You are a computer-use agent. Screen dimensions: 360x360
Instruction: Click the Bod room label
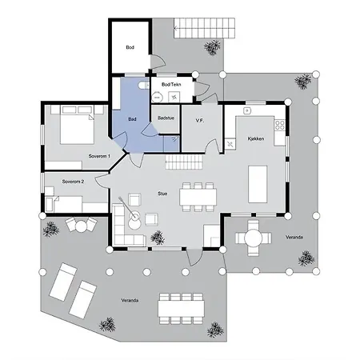[x=130, y=47]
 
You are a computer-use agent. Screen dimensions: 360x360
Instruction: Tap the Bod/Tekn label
[x=170, y=84]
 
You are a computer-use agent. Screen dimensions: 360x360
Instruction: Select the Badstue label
[x=166, y=118]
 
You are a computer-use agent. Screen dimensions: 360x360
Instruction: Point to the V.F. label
[x=200, y=121]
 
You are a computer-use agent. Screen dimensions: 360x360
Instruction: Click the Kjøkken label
[x=255, y=116]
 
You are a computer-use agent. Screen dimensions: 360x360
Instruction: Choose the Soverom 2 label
[x=74, y=182]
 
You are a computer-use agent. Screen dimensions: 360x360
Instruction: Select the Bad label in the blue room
[x=132, y=120]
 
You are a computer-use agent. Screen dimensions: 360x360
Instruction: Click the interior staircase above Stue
[x=185, y=162]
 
